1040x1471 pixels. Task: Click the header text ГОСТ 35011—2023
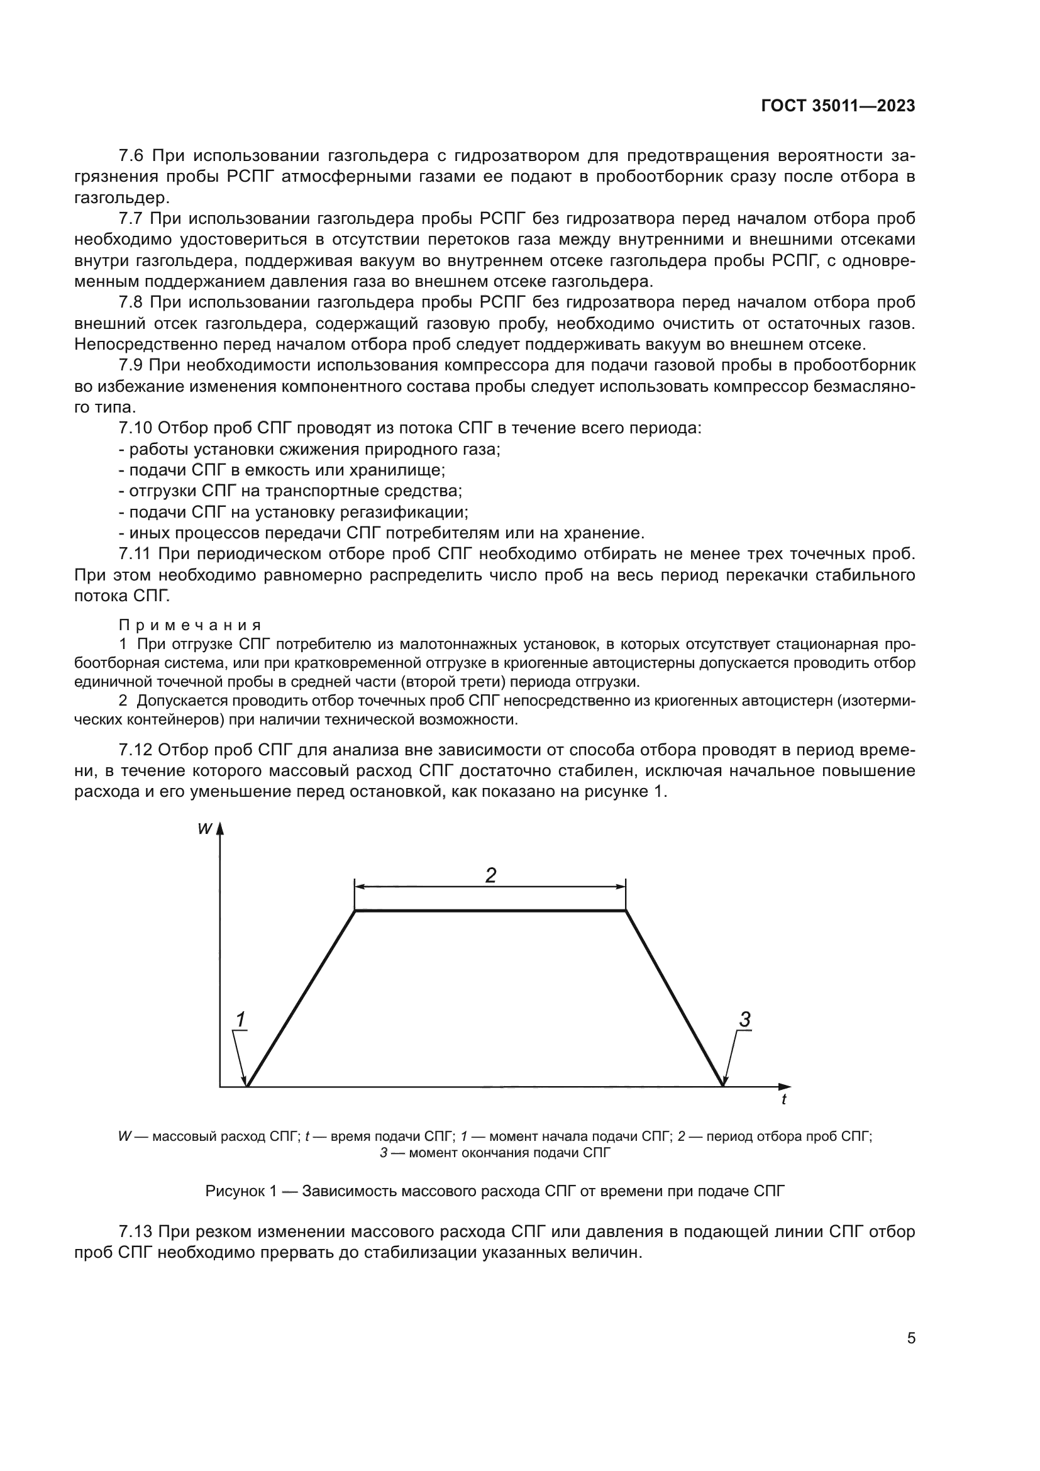click(x=838, y=106)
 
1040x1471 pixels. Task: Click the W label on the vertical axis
click(x=205, y=829)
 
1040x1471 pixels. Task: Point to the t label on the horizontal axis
click(x=784, y=1099)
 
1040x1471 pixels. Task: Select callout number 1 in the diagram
click(x=240, y=1019)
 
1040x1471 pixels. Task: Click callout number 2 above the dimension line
click(x=490, y=875)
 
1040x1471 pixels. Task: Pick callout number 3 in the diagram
click(x=744, y=1019)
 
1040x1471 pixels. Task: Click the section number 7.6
click(x=132, y=156)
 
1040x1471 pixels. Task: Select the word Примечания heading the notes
click(x=190, y=626)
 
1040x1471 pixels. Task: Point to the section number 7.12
click(x=136, y=750)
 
